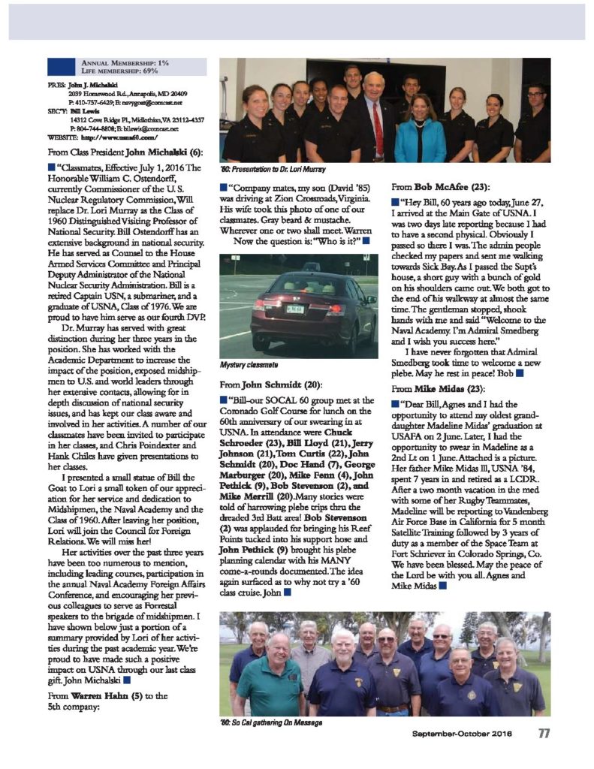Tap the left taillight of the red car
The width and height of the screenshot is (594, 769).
pos(260,305)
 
